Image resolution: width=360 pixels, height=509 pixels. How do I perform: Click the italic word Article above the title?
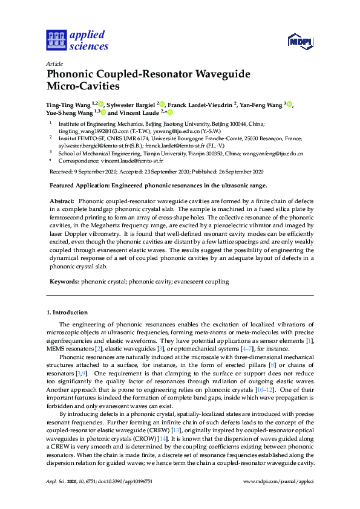53,62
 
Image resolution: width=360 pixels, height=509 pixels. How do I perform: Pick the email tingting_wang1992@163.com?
85,131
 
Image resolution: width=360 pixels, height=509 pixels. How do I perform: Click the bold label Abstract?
62,200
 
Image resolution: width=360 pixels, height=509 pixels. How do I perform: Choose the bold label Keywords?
64,281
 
